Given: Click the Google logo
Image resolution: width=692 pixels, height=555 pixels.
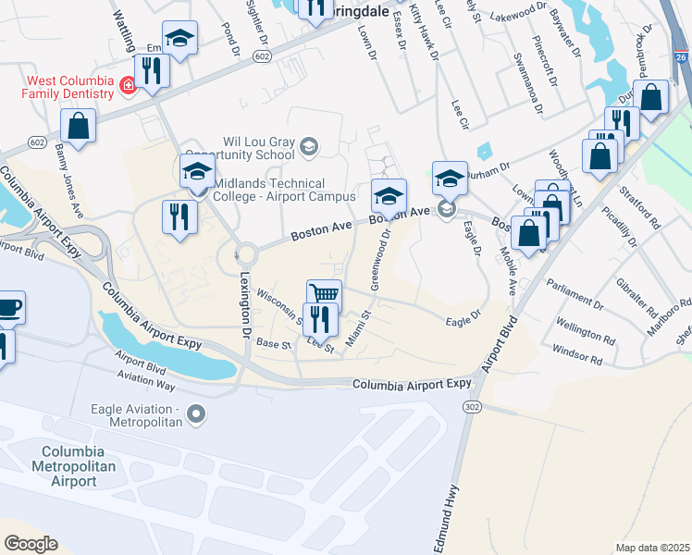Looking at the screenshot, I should pos(31,544).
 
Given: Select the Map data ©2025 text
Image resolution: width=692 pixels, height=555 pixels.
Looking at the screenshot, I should pos(652,548).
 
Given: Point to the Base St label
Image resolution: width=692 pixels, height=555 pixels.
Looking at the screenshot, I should pos(274,343).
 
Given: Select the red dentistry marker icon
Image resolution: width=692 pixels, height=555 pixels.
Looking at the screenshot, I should pos(128,87).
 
